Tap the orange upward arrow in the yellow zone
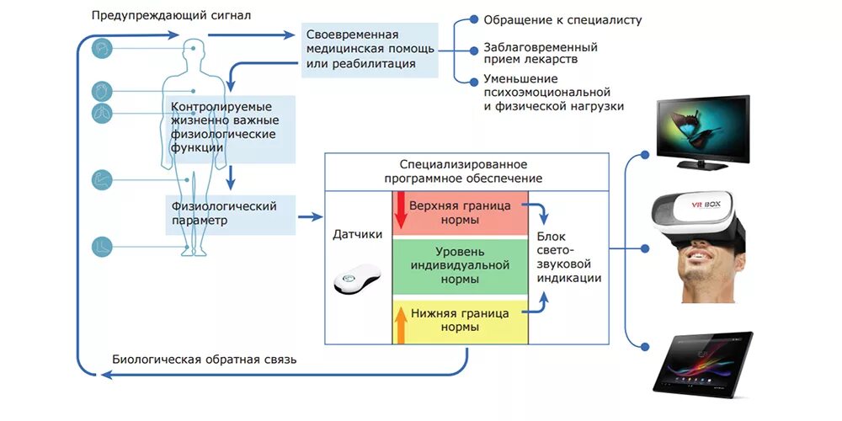click(x=401, y=325)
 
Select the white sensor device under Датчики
click(x=358, y=280)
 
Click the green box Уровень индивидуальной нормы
click(x=460, y=265)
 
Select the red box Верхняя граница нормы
click(x=460, y=212)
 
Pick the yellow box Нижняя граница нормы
click(x=460, y=320)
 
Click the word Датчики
click(x=358, y=234)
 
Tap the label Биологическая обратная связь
click(x=204, y=360)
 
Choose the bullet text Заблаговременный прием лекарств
click(x=540, y=54)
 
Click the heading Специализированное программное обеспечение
click(x=463, y=172)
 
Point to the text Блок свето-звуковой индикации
click(x=569, y=257)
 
